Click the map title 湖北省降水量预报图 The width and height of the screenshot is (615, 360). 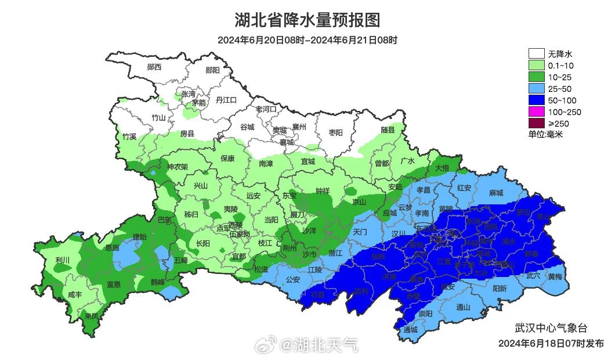(307, 20)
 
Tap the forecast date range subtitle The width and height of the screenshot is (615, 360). (307, 40)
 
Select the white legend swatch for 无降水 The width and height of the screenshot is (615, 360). (536, 54)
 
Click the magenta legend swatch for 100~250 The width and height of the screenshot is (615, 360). (536, 111)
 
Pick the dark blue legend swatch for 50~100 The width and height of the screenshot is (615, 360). (536, 100)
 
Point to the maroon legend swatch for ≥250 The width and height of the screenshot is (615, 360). (536, 123)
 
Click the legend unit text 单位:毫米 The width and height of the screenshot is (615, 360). (545, 134)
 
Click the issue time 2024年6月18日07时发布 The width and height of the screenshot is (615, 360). (551, 343)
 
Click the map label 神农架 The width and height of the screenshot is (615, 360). (178, 167)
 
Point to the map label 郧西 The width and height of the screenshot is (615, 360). (154, 67)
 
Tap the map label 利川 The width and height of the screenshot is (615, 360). (62, 260)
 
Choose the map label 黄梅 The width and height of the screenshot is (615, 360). (555, 276)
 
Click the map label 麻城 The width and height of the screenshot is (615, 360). (496, 192)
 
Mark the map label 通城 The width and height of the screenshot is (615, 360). (410, 330)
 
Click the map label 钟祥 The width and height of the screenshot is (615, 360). (323, 190)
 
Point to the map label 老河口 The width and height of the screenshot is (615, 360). (266, 109)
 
